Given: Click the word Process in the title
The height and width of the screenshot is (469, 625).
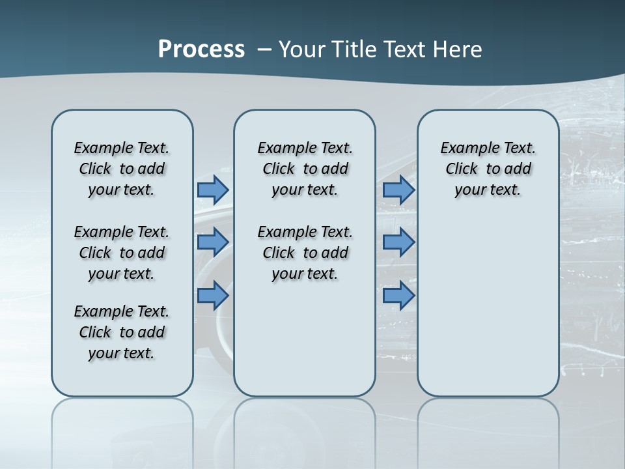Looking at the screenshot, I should click(201, 49).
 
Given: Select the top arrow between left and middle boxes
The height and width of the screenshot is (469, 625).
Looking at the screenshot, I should click(212, 190).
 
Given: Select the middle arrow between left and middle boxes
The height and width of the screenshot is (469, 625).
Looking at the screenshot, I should click(212, 242).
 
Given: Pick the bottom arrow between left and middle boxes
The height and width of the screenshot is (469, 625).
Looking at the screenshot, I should click(212, 296).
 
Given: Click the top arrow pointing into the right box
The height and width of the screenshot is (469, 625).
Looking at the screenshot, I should click(398, 190).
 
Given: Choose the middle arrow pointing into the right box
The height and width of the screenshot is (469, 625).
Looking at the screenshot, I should click(398, 242).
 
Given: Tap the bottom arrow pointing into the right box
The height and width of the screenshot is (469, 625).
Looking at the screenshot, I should click(398, 296).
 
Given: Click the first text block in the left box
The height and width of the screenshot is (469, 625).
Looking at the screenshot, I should click(122, 169).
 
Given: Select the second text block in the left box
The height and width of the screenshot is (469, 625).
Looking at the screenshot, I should click(122, 253).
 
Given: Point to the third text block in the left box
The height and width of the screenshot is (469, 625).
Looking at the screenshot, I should click(122, 332).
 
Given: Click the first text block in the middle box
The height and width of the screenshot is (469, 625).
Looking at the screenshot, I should click(305, 169).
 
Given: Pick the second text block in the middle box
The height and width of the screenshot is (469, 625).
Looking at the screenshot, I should click(305, 253).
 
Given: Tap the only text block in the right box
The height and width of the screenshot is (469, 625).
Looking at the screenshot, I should click(488, 169).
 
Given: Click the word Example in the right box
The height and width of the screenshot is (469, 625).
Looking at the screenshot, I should click(465, 149).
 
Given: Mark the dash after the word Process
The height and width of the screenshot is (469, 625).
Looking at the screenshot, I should click(263, 50).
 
